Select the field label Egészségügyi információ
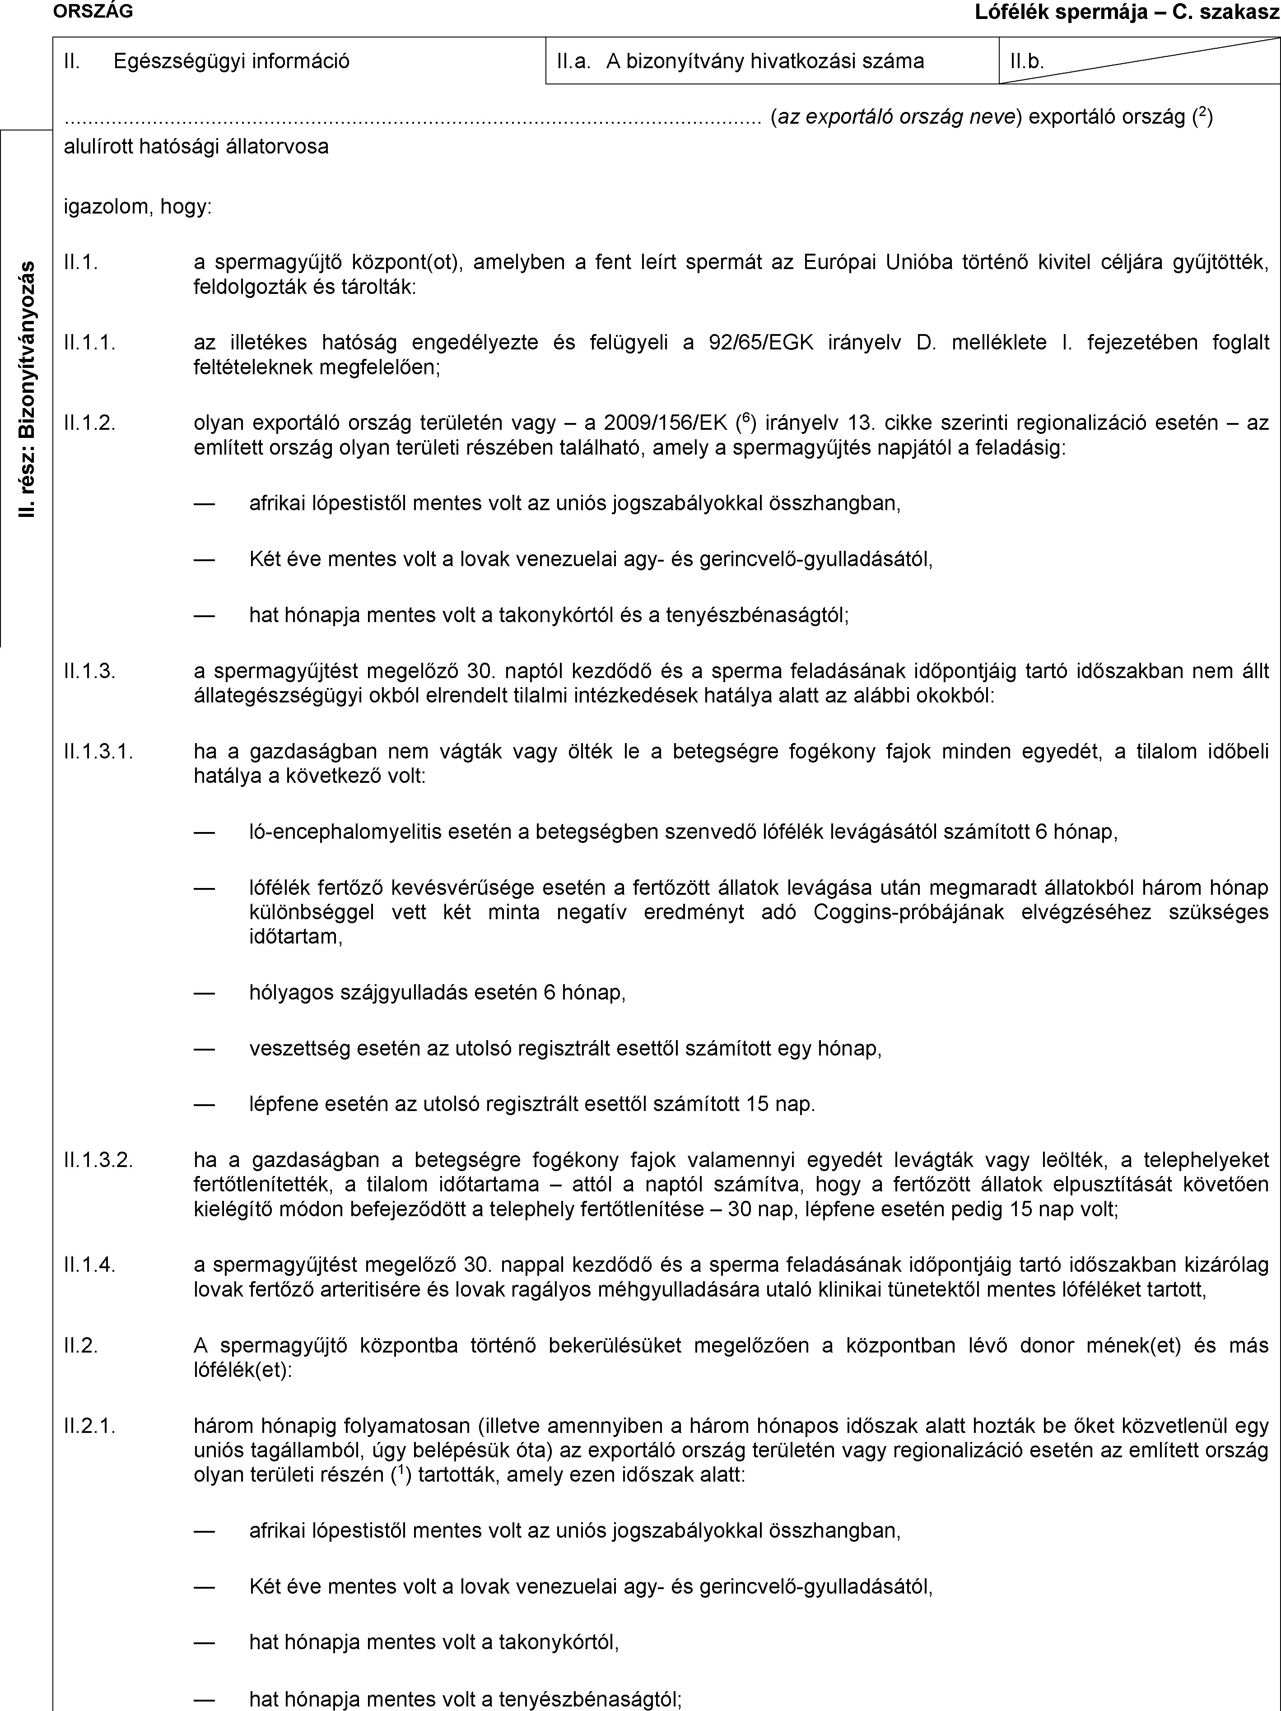[x=231, y=61]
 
